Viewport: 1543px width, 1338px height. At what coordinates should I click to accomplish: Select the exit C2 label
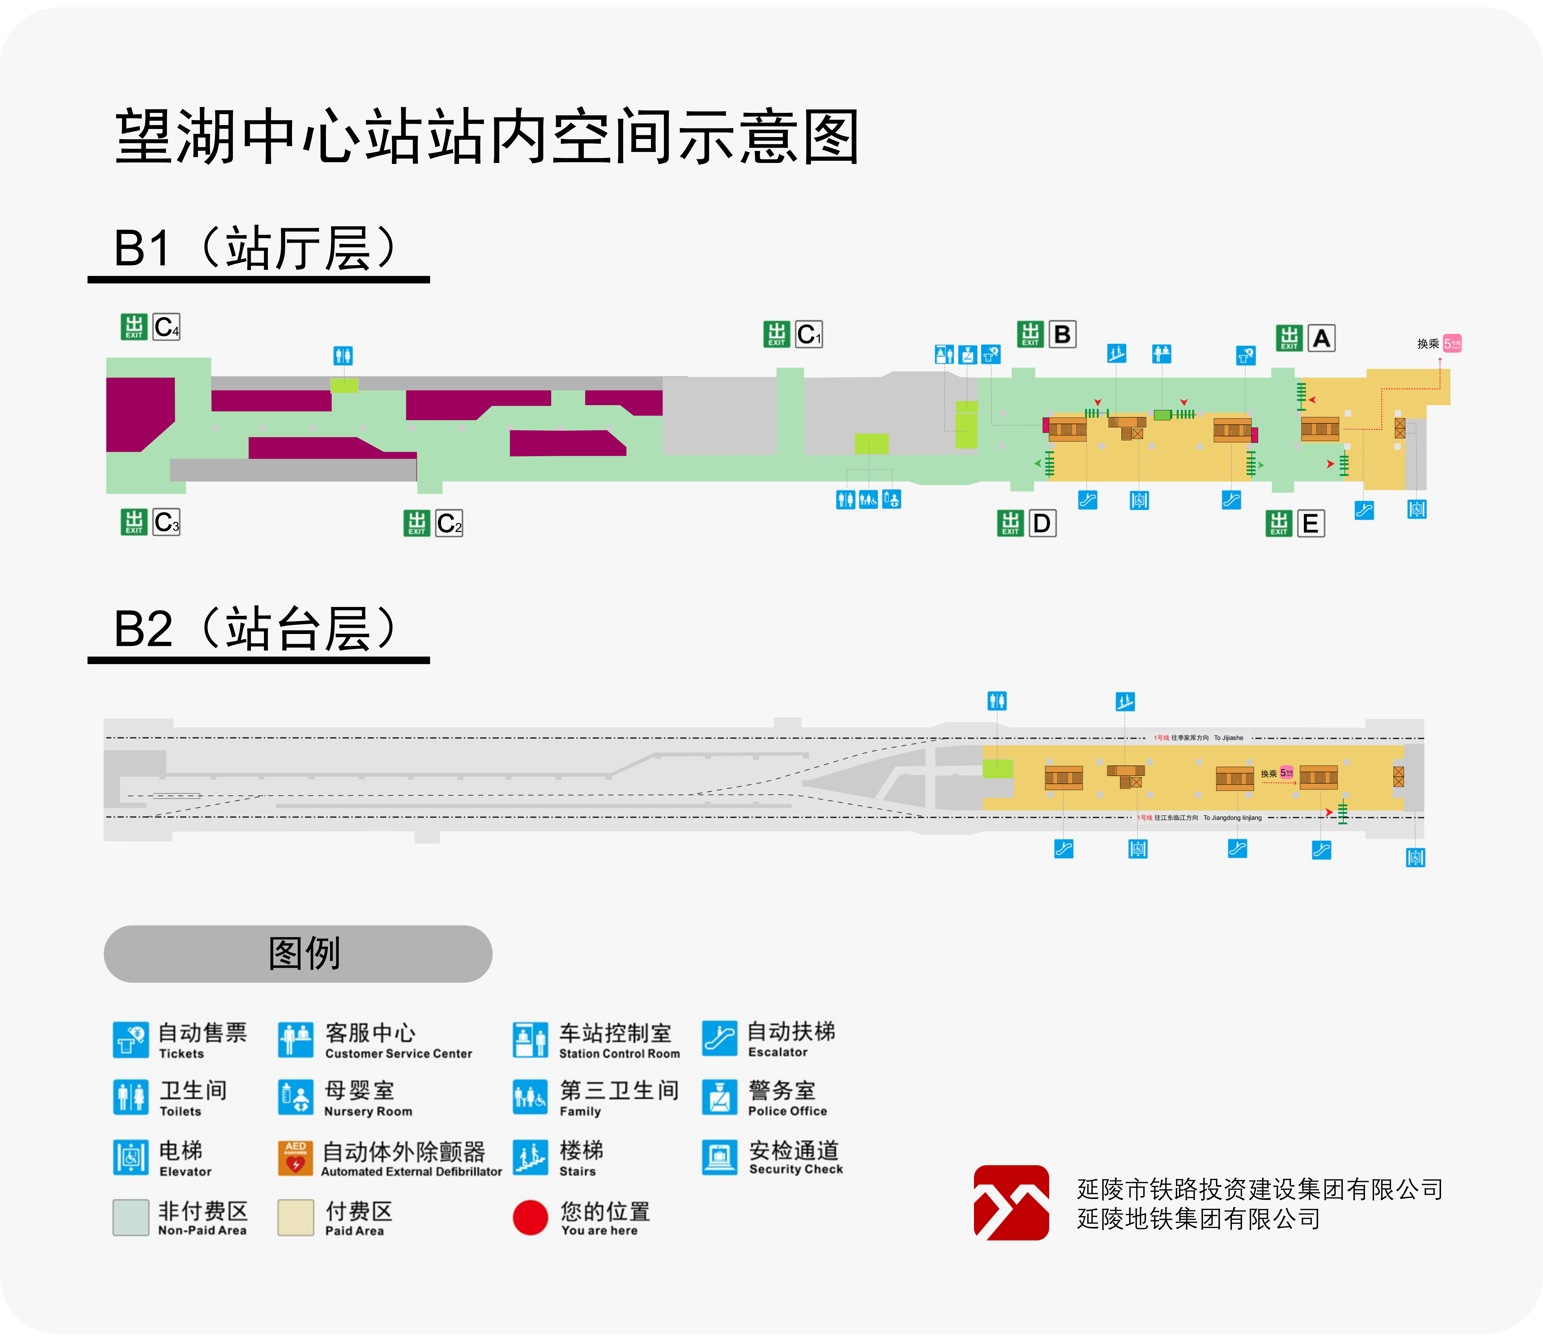click(x=449, y=523)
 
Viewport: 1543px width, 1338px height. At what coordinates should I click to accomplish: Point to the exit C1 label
click(x=808, y=335)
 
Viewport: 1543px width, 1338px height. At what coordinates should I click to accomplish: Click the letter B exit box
click(x=1061, y=335)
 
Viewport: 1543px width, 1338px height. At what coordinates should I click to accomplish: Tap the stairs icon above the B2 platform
click(x=1125, y=701)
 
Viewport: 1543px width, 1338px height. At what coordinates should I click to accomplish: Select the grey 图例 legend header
click(x=298, y=954)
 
